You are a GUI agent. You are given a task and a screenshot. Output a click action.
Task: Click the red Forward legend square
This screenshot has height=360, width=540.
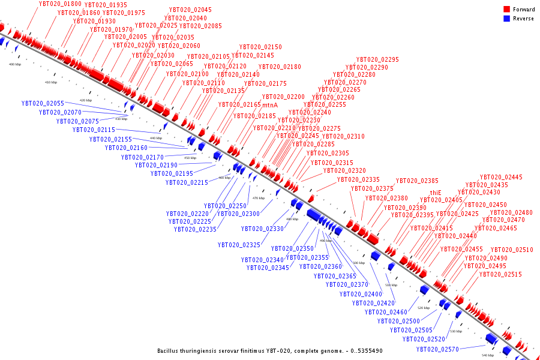[x=507, y=10]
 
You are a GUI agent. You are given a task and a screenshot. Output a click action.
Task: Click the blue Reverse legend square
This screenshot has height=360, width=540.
[x=507, y=19]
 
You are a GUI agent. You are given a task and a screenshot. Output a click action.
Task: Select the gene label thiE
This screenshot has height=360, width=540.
[x=436, y=193]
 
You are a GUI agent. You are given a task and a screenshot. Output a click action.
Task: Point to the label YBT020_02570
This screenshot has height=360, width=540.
[x=437, y=349]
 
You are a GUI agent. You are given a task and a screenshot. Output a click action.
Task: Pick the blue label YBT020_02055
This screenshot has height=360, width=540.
[x=43, y=103]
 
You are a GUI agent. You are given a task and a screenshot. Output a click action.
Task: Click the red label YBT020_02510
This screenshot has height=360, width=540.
[x=512, y=250]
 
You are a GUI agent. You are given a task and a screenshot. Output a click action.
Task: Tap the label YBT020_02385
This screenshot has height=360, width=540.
[x=417, y=181]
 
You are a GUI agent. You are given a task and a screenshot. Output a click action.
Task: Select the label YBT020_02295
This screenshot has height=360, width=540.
[x=377, y=59]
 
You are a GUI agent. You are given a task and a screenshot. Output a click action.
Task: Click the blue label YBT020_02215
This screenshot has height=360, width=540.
[x=187, y=182]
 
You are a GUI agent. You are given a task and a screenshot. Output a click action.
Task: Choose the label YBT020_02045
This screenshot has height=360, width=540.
[x=190, y=10]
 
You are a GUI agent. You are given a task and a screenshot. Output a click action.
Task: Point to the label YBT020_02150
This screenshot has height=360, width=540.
[x=260, y=47]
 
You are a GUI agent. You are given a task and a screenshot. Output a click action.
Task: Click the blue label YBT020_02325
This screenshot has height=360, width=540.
[x=239, y=245]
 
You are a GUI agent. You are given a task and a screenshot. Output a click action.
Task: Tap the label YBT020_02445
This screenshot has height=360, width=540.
[x=501, y=177]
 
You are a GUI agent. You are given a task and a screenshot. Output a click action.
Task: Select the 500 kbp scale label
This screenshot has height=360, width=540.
[x=358, y=263]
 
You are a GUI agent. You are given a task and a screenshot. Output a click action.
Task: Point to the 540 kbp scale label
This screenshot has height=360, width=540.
[x=487, y=355]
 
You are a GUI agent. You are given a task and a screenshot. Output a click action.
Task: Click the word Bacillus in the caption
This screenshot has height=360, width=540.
[x=169, y=351]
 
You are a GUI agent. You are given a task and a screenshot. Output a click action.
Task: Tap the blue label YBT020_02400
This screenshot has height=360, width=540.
[x=361, y=294]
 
